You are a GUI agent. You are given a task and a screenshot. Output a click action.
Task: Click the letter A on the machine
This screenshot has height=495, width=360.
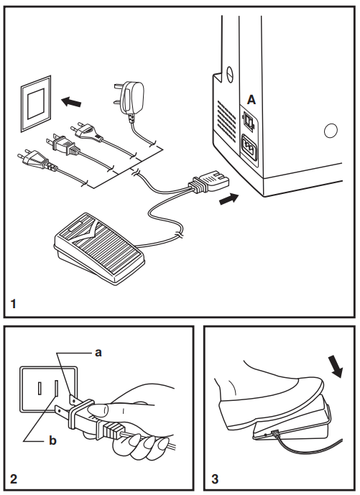[251, 100]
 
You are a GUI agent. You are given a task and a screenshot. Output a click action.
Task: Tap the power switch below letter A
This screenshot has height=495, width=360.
[249, 121]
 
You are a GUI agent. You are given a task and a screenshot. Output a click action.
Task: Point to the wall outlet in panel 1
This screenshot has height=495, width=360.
[36, 103]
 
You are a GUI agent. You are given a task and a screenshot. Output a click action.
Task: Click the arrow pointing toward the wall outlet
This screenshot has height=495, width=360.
[71, 102]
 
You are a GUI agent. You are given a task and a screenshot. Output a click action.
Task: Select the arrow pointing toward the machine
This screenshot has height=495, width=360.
[229, 199]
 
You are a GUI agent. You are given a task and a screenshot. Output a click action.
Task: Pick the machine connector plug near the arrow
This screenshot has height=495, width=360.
[209, 182]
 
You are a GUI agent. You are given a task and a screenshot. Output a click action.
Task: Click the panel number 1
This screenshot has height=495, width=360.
[13, 304]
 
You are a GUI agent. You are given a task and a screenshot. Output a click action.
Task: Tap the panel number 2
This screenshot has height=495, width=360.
[13, 479]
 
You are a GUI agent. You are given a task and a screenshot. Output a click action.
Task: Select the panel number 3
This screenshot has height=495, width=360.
[215, 479]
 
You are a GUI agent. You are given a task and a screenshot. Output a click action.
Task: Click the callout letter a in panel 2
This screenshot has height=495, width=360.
[98, 353]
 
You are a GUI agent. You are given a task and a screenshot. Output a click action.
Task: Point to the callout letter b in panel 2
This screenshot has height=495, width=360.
[52, 440]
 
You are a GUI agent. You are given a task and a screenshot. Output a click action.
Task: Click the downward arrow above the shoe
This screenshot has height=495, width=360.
[336, 366]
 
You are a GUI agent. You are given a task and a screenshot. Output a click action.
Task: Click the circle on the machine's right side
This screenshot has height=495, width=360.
[331, 130]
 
